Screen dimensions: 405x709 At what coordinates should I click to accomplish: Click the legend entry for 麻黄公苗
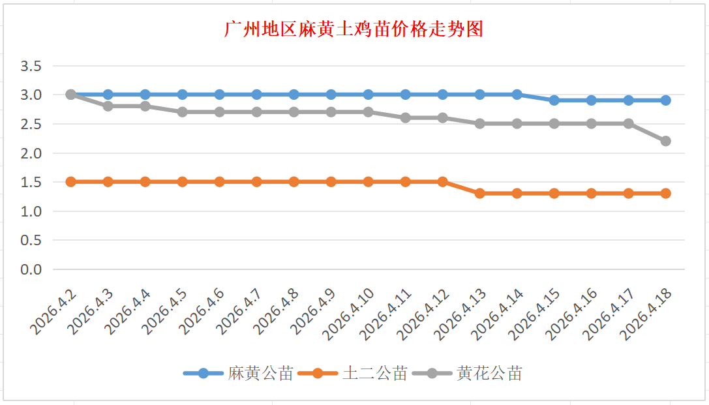pyautogui.click(x=260, y=374)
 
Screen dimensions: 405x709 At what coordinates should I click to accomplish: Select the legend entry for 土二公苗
pyautogui.click(x=374, y=374)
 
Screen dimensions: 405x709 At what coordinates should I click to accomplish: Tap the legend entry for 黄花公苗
pyautogui.click(x=489, y=374)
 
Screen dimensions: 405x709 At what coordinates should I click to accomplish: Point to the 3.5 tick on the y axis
pyautogui.click(x=31, y=66)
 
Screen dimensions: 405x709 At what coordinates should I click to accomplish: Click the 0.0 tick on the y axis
pyautogui.click(x=31, y=269)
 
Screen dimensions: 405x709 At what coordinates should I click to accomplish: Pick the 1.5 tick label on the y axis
pyautogui.click(x=31, y=182)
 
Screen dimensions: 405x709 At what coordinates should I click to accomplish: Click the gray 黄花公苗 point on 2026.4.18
pyautogui.click(x=666, y=141)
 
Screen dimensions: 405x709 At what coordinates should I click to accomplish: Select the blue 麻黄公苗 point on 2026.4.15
pyautogui.click(x=554, y=100)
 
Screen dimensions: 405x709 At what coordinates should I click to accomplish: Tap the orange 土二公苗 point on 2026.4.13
pyautogui.click(x=480, y=193)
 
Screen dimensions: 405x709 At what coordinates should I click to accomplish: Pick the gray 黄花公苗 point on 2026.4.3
pyautogui.click(x=108, y=106)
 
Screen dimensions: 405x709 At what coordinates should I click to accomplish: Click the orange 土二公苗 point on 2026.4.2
pyautogui.click(x=71, y=181)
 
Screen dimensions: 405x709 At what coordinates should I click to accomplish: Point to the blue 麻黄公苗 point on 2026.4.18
pyautogui.click(x=666, y=100)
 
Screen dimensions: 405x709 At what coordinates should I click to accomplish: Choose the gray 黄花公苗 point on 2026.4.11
pyautogui.click(x=406, y=117)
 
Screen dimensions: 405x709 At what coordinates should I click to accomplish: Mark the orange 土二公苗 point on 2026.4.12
pyautogui.click(x=443, y=181)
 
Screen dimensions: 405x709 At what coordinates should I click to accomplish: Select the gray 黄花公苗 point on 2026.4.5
pyautogui.click(x=183, y=112)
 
